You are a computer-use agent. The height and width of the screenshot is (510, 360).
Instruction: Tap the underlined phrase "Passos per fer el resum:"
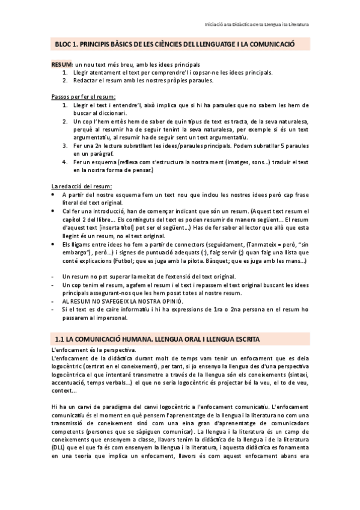click(83, 96)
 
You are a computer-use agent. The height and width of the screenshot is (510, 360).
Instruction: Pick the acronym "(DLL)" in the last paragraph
click(60, 447)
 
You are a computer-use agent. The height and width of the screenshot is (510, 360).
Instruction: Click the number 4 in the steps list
click(65, 162)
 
